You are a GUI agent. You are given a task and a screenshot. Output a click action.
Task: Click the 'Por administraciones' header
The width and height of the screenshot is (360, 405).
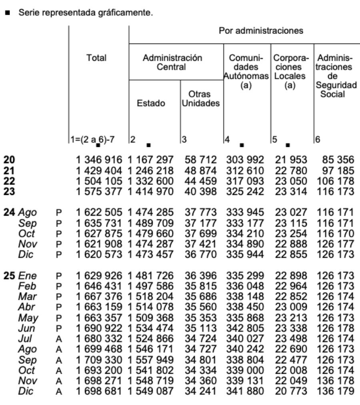(x=261, y=31)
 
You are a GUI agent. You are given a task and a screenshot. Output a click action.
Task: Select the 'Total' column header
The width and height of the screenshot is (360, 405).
(x=96, y=58)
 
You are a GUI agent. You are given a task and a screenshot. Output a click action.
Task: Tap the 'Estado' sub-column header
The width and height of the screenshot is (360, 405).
(x=152, y=103)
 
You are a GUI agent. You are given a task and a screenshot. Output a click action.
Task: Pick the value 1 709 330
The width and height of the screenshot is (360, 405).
(x=99, y=359)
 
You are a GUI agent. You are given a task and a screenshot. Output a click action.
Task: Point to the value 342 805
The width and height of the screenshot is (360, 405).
(x=245, y=328)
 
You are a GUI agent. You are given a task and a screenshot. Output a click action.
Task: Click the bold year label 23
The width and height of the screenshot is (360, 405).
(x=9, y=191)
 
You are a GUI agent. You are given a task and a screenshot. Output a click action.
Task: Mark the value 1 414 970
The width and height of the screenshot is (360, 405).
(x=151, y=191)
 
